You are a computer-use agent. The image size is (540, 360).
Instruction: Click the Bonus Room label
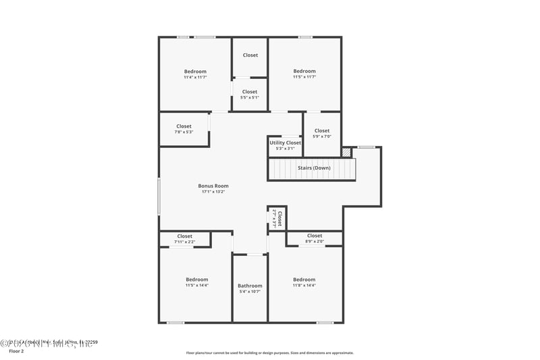213,186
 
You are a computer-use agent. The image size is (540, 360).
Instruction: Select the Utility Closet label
285,143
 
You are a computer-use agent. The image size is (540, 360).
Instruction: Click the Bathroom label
250,286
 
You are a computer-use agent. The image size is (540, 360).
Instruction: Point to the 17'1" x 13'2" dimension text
213,192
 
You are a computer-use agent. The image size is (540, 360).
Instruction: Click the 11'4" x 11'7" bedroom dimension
195,77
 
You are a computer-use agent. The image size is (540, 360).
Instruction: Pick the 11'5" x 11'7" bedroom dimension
304,77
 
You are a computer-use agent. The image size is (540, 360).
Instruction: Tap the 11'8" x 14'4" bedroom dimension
304,285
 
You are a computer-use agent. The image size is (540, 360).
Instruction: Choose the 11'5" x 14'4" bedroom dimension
197,285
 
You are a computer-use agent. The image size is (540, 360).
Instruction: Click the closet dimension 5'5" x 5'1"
250,97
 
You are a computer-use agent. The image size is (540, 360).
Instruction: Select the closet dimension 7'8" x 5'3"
184,132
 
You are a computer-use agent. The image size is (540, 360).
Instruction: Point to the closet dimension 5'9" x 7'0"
322,136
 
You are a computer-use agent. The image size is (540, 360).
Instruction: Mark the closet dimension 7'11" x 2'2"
184,242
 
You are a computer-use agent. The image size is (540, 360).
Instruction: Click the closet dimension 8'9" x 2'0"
315,241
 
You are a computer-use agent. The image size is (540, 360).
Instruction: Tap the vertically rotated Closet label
279,217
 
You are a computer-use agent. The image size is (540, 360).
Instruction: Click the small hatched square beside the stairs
346,153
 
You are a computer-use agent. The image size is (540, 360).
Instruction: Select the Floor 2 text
16,351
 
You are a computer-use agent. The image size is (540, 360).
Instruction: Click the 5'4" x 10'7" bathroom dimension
250,292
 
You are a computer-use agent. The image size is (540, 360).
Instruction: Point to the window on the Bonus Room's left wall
159,196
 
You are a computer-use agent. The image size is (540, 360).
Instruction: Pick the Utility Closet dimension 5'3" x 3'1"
285,149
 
